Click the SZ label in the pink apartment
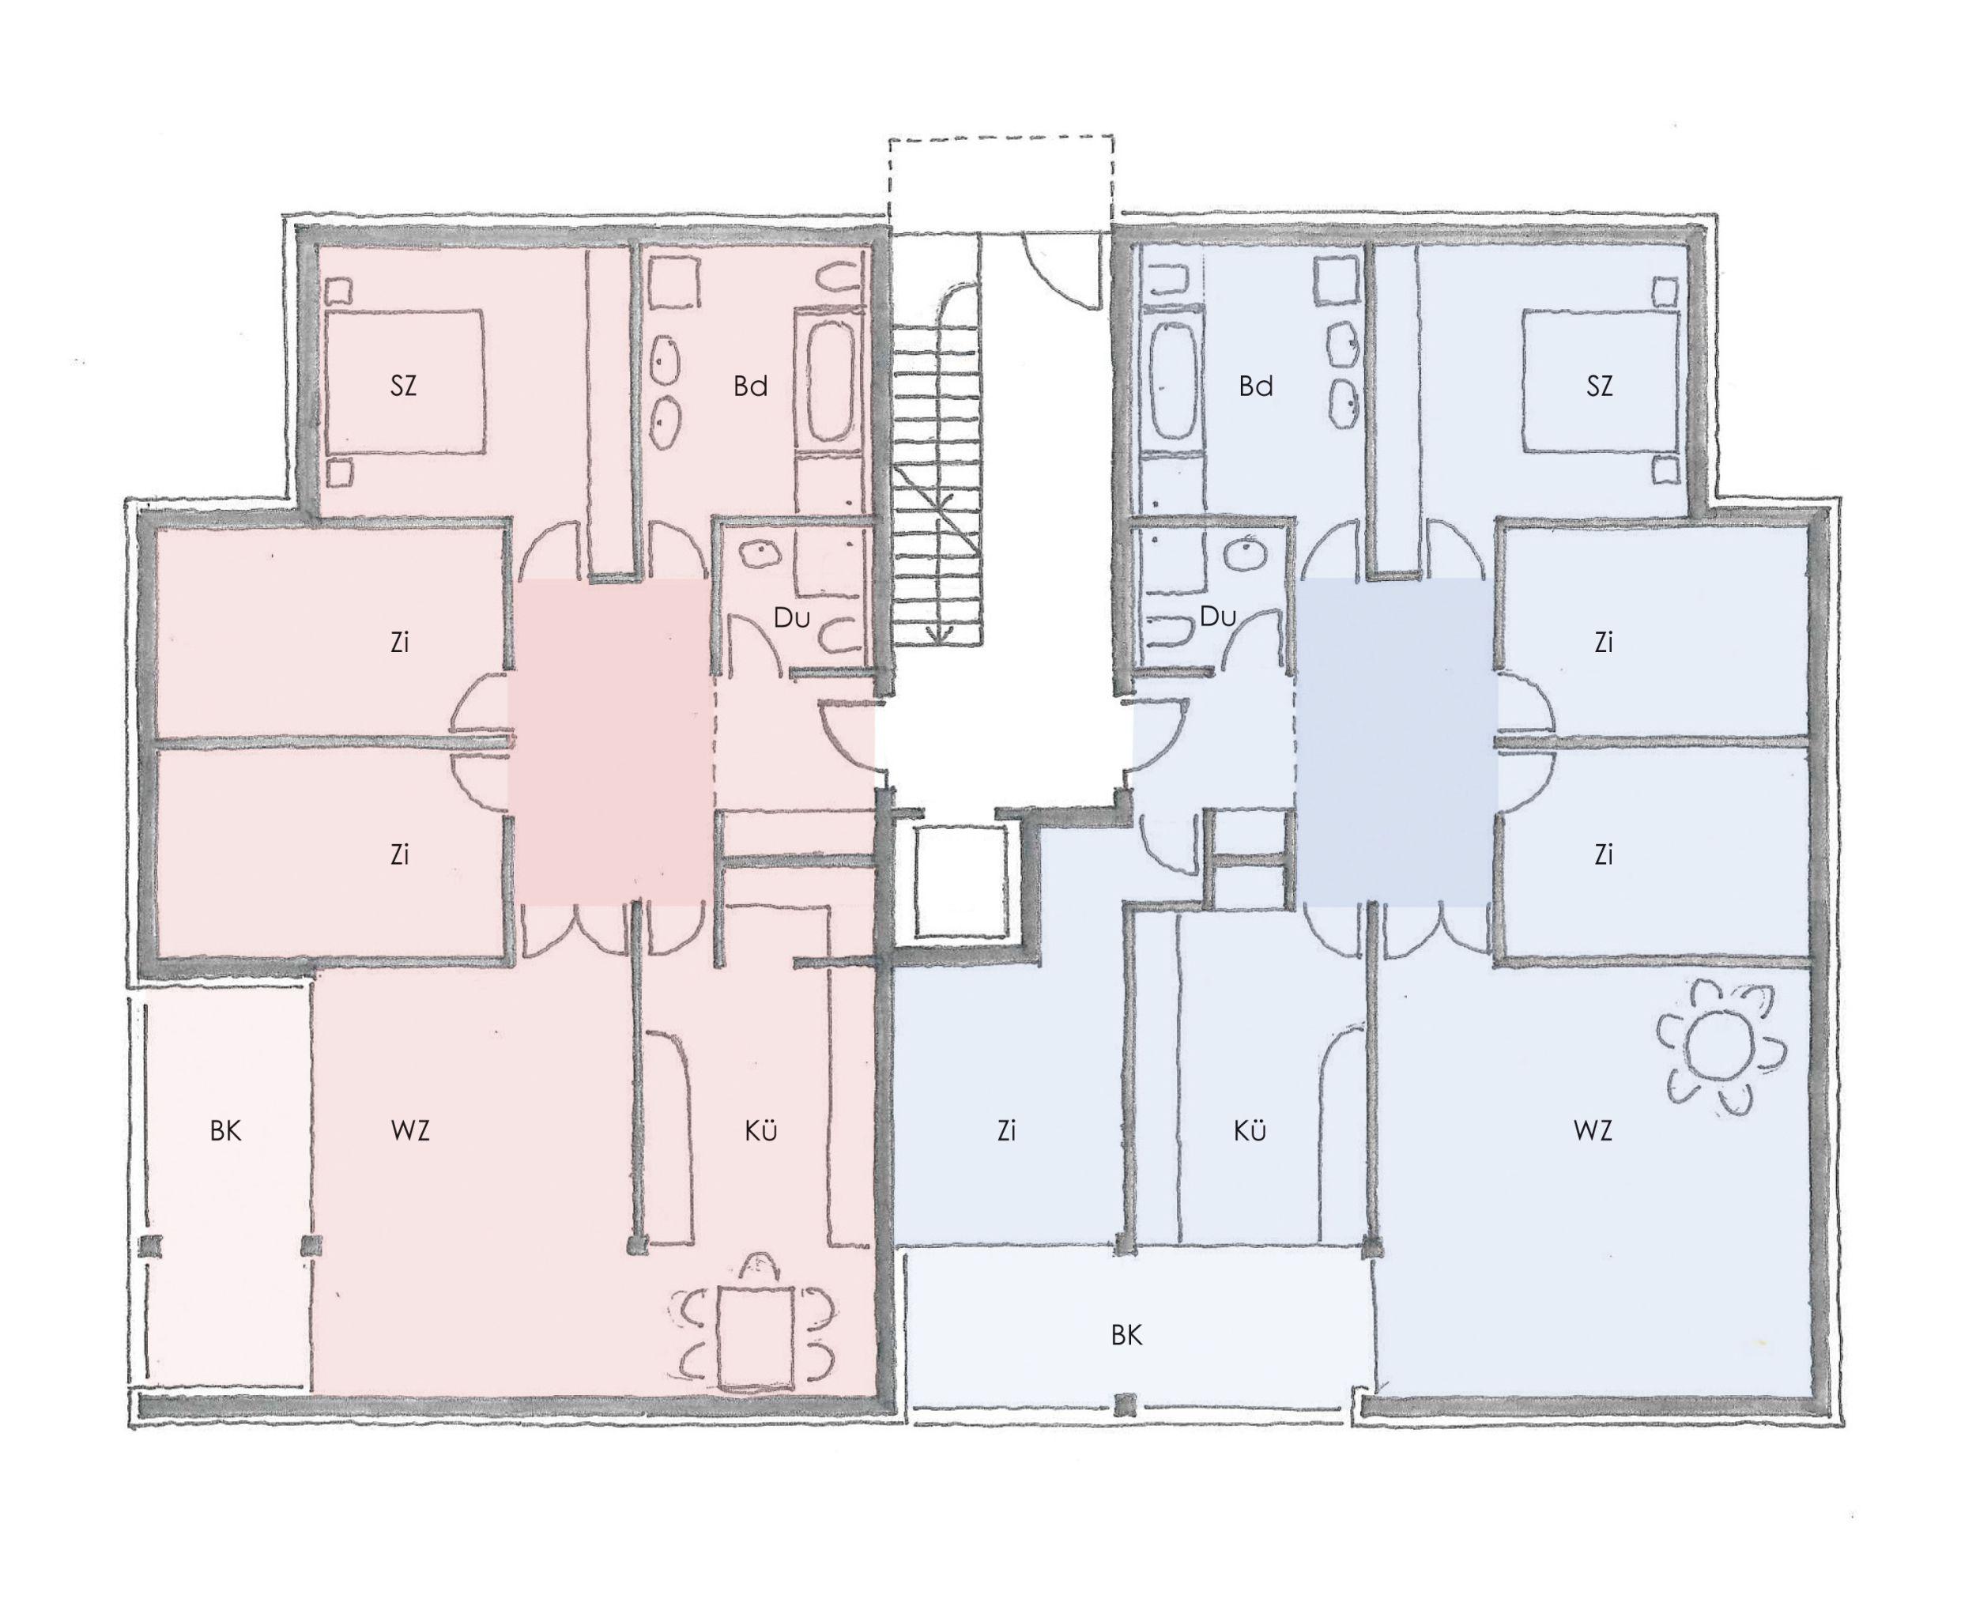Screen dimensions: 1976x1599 [x=403, y=386]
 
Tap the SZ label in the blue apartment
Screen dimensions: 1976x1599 [x=1599, y=386]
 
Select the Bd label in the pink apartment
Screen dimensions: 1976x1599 [x=751, y=386]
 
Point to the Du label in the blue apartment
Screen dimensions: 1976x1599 [x=1217, y=617]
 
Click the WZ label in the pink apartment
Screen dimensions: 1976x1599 [x=410, y=1130]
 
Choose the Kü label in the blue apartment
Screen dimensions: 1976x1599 [x=1250, y=1130]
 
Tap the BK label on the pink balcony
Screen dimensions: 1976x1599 [x=226, y=1130]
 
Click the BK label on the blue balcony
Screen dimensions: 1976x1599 [x=1126, y=1335]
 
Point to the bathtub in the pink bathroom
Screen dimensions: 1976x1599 [x=831, y=380]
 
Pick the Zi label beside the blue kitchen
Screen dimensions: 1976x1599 [x=1006, y=1130]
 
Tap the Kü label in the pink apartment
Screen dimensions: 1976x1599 [x=761, y=1130]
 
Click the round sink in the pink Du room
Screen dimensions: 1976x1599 [x=761, y=553]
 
